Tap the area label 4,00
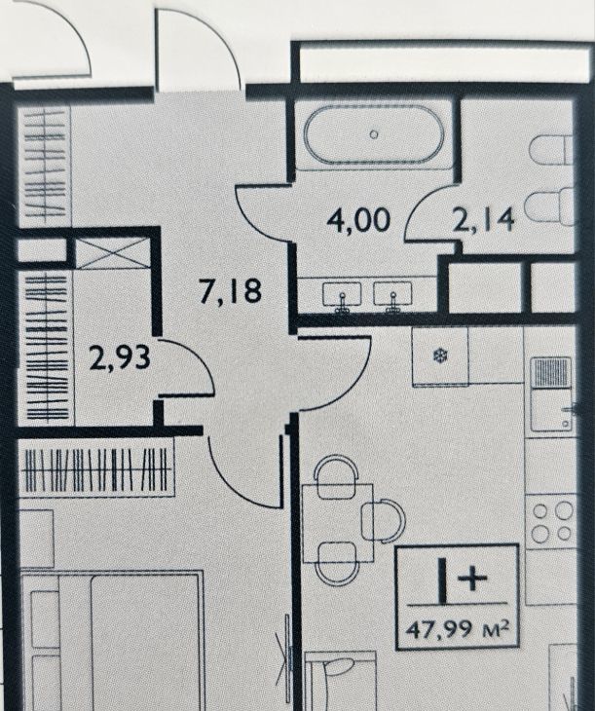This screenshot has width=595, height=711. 358,220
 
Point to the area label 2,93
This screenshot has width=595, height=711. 120,356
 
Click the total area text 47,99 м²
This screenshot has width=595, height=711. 457,629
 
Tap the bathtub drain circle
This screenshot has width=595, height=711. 374,134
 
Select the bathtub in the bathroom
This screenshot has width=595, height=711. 374,134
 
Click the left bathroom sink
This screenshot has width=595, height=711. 342,296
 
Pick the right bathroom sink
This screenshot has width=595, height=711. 392,296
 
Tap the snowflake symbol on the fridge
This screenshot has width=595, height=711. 440,355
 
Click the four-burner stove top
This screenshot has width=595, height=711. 552,522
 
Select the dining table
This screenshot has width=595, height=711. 338,523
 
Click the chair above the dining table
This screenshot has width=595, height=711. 336,476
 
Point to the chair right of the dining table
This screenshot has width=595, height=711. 384,520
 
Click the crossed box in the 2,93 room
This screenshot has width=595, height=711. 112,253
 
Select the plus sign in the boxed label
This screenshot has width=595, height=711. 472,580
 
